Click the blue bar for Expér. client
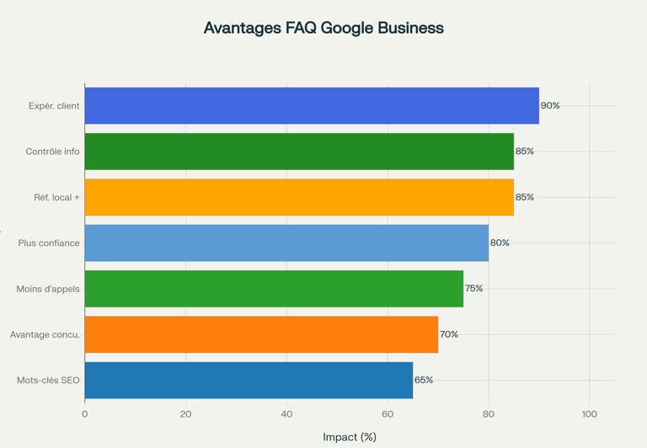(312, 105)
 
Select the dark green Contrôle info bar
(299, 152)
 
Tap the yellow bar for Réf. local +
(299, 197)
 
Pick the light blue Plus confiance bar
(286, 243)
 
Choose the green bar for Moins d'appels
(274, 289)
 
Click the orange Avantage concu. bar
(261, 334)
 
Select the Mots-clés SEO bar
(249, 380)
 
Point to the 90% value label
(550, 106)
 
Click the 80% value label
(500, 243)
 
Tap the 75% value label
(474, 289)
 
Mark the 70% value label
(449, 334)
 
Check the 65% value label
(424, 380)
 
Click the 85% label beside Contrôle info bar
(525, 152)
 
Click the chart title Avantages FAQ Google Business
(323, 28)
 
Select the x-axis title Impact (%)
(350, 437)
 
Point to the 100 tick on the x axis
(590, 414)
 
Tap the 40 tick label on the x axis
(286, 414)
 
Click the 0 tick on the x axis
(84, 414)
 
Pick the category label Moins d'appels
(48, 289)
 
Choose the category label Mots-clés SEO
(48, 381)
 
